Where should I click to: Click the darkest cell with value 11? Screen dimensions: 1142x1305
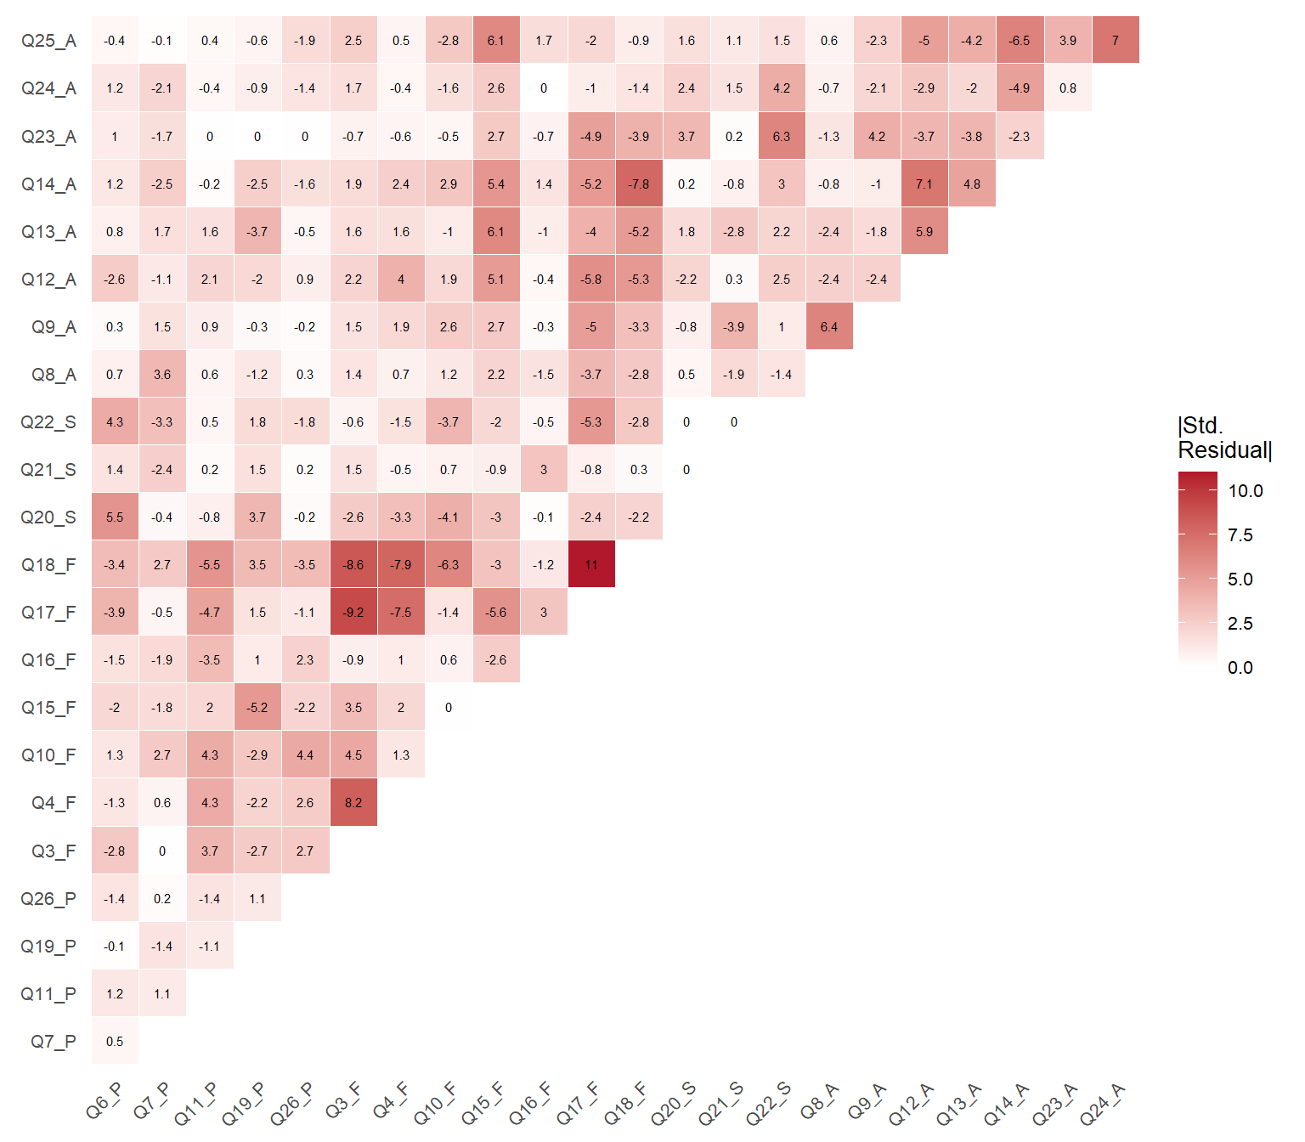coord(591,564)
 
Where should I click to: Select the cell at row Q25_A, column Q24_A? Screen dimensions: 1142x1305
coord(1116,40)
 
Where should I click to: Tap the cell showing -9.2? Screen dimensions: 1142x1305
coord(353,612)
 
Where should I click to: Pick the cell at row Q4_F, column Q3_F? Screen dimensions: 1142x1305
coord(353,802)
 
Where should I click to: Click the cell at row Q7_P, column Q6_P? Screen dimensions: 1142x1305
coord(115,1041)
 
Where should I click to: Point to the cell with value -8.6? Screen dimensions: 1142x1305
coord(353,564)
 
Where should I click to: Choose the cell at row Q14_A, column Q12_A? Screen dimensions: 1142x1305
coord(924,184)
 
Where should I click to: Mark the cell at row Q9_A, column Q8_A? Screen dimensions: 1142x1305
coord(829,326)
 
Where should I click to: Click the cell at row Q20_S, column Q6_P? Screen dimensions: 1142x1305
coord(115,517)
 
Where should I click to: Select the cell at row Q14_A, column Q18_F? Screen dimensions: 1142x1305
coord(639,184)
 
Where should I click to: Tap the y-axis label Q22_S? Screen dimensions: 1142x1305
coord(48,422)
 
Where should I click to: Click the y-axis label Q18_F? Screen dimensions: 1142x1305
coord(48,565)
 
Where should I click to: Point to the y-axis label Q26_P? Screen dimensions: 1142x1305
coord(48,899)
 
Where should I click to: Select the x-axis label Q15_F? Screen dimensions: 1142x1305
coord(483,1103)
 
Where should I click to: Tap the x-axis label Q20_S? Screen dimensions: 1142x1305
coord(673,1104)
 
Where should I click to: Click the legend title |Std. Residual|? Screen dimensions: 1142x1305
coord(1224,438)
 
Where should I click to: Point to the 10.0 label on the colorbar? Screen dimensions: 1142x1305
coord(1246,491)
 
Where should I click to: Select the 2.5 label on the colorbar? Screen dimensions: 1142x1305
coord(1240,624)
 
